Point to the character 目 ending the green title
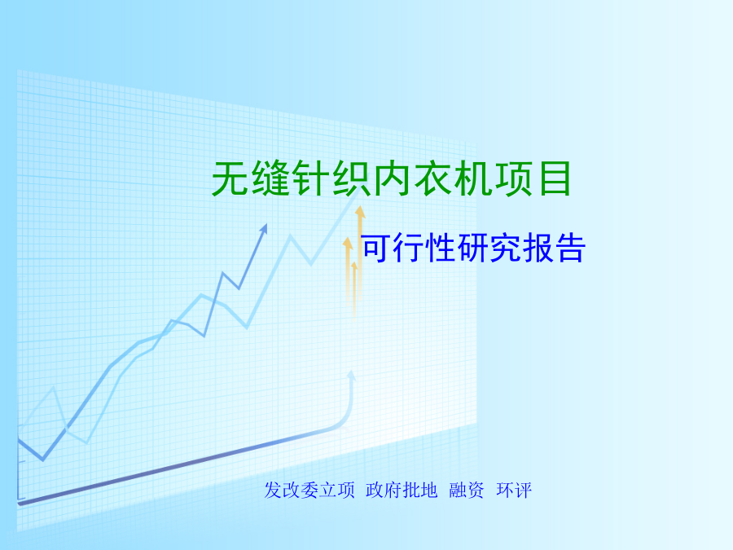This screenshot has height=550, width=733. click(554, 178)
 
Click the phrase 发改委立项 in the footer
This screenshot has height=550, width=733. click(309, 491)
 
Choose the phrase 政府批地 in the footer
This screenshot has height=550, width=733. click(402, 491)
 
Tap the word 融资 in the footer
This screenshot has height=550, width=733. click(467, 491)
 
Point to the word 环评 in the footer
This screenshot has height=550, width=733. click(514, 491)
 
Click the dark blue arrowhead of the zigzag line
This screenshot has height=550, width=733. click(264, 228)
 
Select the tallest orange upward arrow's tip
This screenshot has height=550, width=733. click(360, 207)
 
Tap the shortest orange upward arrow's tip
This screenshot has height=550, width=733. click(354, 262)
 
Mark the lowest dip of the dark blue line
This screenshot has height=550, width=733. click(43, 460)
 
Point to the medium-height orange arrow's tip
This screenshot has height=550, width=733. click(347, 238)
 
